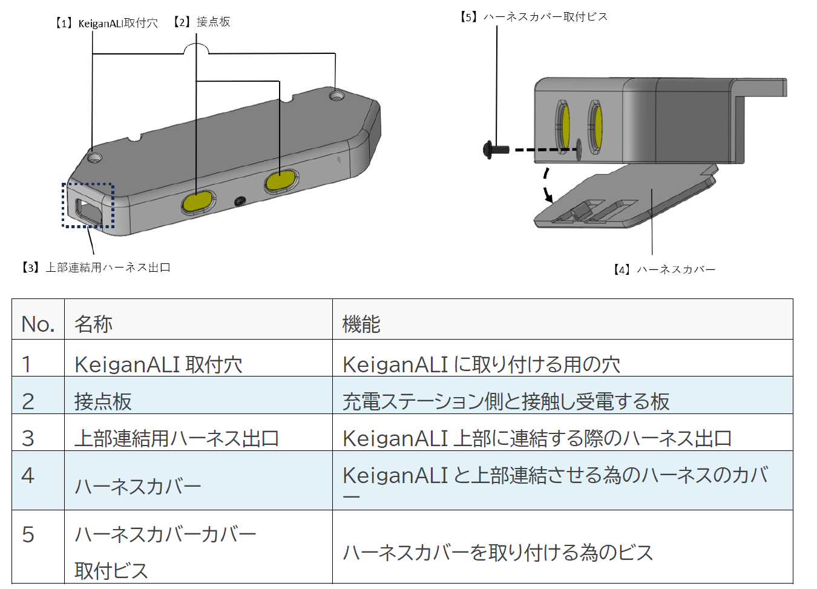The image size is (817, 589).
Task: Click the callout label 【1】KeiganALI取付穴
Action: point(107,23)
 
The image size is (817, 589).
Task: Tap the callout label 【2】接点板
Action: point(202,22)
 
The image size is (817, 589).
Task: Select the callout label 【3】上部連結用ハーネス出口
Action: point(96,268)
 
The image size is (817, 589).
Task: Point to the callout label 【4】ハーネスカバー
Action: point(664,269)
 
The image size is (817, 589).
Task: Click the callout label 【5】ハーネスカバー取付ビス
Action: point(534,17)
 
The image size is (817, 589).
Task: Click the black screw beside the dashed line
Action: point(495,149)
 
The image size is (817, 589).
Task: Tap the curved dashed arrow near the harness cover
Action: point(547,185)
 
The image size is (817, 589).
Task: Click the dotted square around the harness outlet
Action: point(88,206)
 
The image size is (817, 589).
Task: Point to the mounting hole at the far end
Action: point(336,96)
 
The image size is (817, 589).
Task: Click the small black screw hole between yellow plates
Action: point(241,200)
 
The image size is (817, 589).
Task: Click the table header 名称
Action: point(94,324)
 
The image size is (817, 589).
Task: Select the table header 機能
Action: point(361,324)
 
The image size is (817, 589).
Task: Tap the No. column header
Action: point(38,324)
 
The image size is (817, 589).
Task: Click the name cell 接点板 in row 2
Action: point(103,401)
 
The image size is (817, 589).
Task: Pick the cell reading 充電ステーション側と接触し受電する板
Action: point(505,401)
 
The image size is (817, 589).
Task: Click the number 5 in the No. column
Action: point(28,535)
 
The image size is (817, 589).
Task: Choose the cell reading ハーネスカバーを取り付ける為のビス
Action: point(497,552)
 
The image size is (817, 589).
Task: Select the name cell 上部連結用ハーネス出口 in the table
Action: point(176,438)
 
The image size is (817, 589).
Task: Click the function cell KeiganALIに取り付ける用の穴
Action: point(481,364)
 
